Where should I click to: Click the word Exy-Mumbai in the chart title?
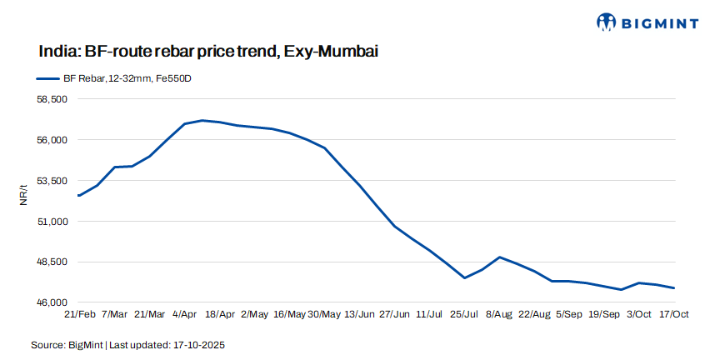point(331,52)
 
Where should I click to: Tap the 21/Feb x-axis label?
point(79,314)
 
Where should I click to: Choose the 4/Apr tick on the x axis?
point(184,314)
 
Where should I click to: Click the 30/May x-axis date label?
point(324,314)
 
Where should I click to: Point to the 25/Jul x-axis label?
point(464,314)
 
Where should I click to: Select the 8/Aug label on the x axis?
point(499,314)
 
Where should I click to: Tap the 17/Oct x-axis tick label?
point(673,314)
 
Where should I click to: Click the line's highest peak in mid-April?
point(202,120)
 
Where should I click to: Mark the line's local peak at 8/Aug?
point(499,257)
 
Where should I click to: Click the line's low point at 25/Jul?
point(464,277)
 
